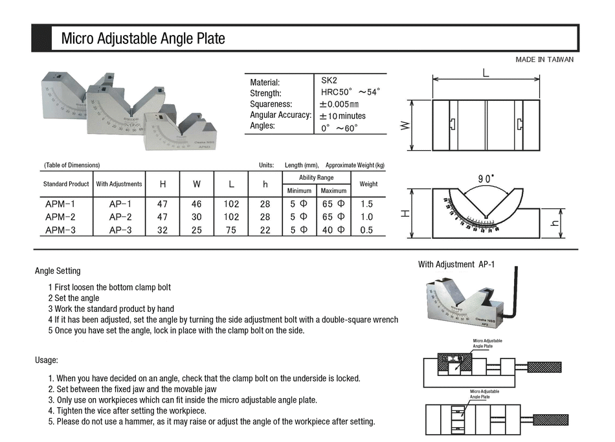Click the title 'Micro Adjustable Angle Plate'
pos(143,39)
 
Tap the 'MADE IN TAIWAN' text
pos(544,60)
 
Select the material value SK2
pos(329,81)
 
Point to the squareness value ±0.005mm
pos(339,104)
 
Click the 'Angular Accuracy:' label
pos(281,115)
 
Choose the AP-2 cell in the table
pos(120,217)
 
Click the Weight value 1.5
pos(368,204)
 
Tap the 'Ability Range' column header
pos(316,177)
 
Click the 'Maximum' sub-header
pos(333,191)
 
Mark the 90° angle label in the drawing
pos(486,178)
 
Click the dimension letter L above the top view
pos(486,73)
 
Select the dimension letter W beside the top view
pos(405,125)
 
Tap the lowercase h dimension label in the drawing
pos(553,222)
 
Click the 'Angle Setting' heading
pos(58,271)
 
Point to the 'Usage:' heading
pos(47,360)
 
